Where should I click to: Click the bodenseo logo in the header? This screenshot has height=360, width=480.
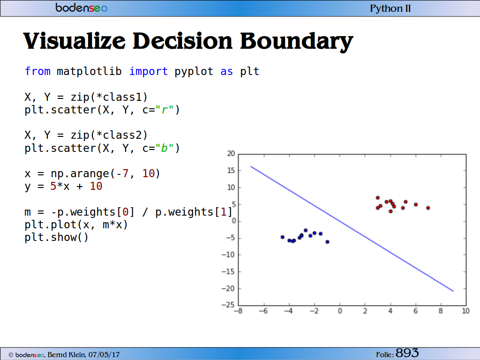pyautogui.click(x=82, y=7)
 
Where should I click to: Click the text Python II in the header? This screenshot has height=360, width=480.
pyautogui.click(x=390, y=8)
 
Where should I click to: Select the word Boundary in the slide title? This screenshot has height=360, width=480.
pyautogui.click(x=296, y=41)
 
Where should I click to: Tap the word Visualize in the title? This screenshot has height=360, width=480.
pyautogui.click(x=75, y=41)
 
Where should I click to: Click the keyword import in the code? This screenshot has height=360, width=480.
pyautogui.click(x=148, y=71)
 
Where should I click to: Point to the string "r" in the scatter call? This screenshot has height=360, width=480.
pyautogui.click(x=165, y=110)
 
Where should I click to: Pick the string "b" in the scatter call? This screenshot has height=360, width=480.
pyautogui.click(x=165, y=148)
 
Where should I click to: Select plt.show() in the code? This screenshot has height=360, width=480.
pyautogui.click(x=56, y=238)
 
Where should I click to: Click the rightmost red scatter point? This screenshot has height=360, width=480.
pyautogui.click(x=428, y=208)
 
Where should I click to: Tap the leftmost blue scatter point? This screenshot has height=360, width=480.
pyautogui.click(x=283, y=237)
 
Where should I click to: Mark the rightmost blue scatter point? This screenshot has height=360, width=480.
pyautogui.click(x=327, y=242)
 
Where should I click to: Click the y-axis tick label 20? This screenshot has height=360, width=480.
pyautogui.click(x=231, y=154)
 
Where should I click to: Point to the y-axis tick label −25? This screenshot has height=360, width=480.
pyautogui.click(x=228, y=305)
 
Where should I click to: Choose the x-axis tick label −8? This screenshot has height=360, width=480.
pyautogui.click(x=238, y=311)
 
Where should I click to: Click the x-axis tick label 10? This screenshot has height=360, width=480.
pyautogui.click(x=465, y=311)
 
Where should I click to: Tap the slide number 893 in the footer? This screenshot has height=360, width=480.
pyautogui.click(x=407, y=353)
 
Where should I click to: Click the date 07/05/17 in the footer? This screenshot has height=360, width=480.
pyautogui.click(x=104, y=355)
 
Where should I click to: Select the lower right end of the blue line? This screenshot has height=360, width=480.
pyautogui.click(x=453, y=291)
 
